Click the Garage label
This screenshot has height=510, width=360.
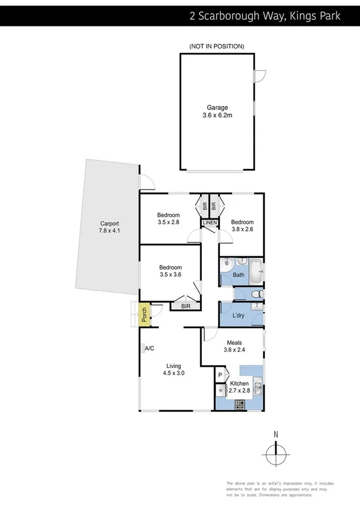point(216,108)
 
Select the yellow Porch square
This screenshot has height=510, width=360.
point(144,313)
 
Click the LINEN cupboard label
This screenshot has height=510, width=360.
point(209,223)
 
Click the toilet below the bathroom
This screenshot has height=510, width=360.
point(256,293)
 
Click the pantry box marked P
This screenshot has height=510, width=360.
point(220,375)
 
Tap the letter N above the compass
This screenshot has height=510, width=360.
point(276,434)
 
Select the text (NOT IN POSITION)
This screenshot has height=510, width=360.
point(216,46)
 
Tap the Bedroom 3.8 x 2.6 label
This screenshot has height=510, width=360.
point(242,225)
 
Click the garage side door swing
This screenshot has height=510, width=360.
point(258,76)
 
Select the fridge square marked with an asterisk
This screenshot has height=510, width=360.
point(220,390)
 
